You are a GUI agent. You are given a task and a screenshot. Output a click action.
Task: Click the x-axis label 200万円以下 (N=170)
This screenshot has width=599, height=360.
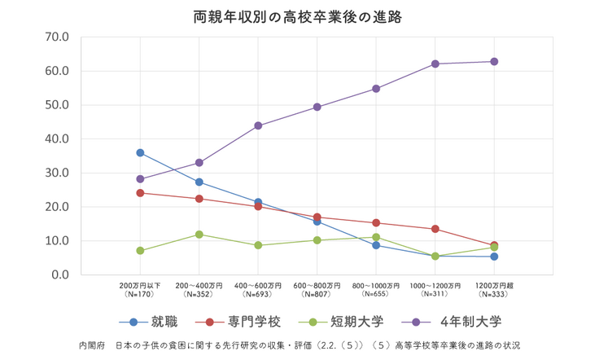[x=140, y=289]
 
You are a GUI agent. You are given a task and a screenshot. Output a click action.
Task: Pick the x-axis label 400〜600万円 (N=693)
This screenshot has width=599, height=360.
[x=257, y=289]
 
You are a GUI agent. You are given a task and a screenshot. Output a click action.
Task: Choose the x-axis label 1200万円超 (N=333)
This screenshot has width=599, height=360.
[x=493, y=289]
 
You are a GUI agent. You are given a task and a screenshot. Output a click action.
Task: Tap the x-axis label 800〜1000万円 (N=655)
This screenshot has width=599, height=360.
[x=375, y=289]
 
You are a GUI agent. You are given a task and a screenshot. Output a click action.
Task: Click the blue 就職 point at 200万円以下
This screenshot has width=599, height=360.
[x=140, y=152]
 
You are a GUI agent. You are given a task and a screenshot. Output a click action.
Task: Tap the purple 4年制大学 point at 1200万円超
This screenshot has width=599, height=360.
[x=494, y=62]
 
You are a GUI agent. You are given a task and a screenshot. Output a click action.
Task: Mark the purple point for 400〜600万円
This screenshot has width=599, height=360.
[x=258, y=125]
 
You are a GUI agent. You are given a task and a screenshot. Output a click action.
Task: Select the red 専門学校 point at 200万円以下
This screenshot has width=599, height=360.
[x=140, y=193]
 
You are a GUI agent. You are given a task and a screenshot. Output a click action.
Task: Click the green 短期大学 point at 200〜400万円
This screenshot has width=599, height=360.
[x=199, y=235]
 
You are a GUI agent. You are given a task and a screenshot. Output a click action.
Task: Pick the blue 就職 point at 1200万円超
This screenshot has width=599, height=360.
[x=494, y=257]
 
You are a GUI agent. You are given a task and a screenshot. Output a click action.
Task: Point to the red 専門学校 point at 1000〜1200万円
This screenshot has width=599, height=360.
[x=435, y=229]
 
